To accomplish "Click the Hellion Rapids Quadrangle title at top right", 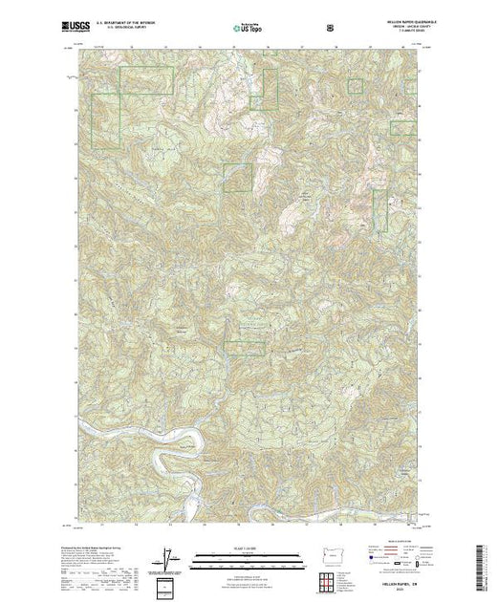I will (x=392, y=23).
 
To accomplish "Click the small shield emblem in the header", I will (x=331, y=29).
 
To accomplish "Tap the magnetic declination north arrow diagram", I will (x=169, y=553).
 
